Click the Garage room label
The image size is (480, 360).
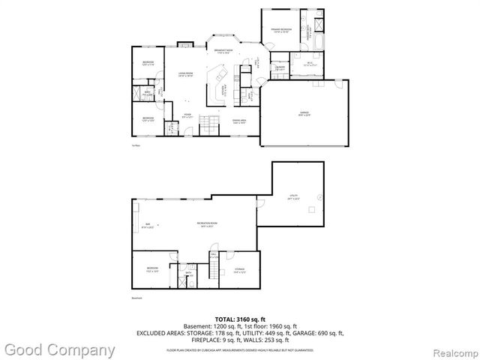point(304,114)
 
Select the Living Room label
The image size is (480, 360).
point(186,73)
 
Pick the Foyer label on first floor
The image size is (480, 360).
point(187,115)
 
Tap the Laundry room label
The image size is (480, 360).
point(279,69)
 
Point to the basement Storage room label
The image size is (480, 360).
point(239,271)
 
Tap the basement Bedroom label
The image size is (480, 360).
point(152,270)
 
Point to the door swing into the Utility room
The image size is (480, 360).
point(261,202)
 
